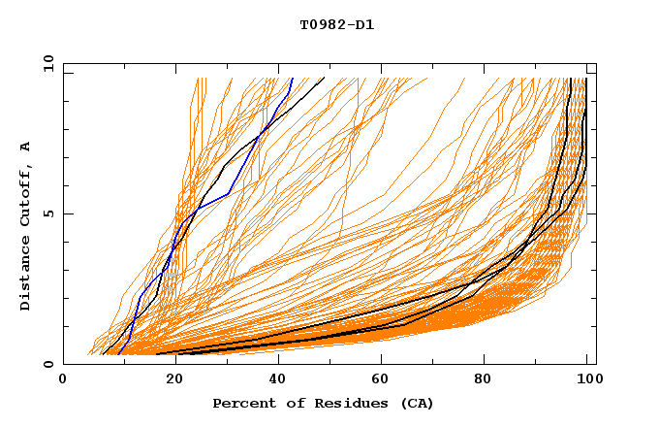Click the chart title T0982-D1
tap(336, 25)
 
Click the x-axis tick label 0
tap(63, 380)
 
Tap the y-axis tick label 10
tap(47, 63)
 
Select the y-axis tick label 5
tap(47, 213)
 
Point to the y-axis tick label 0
tap(47, 364)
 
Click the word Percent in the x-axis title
tap(242, 404)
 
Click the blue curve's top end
tap(293, 78)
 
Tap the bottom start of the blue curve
tap(117, 354)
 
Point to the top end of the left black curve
tap(325, 78)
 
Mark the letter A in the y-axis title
tap(26, 147)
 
